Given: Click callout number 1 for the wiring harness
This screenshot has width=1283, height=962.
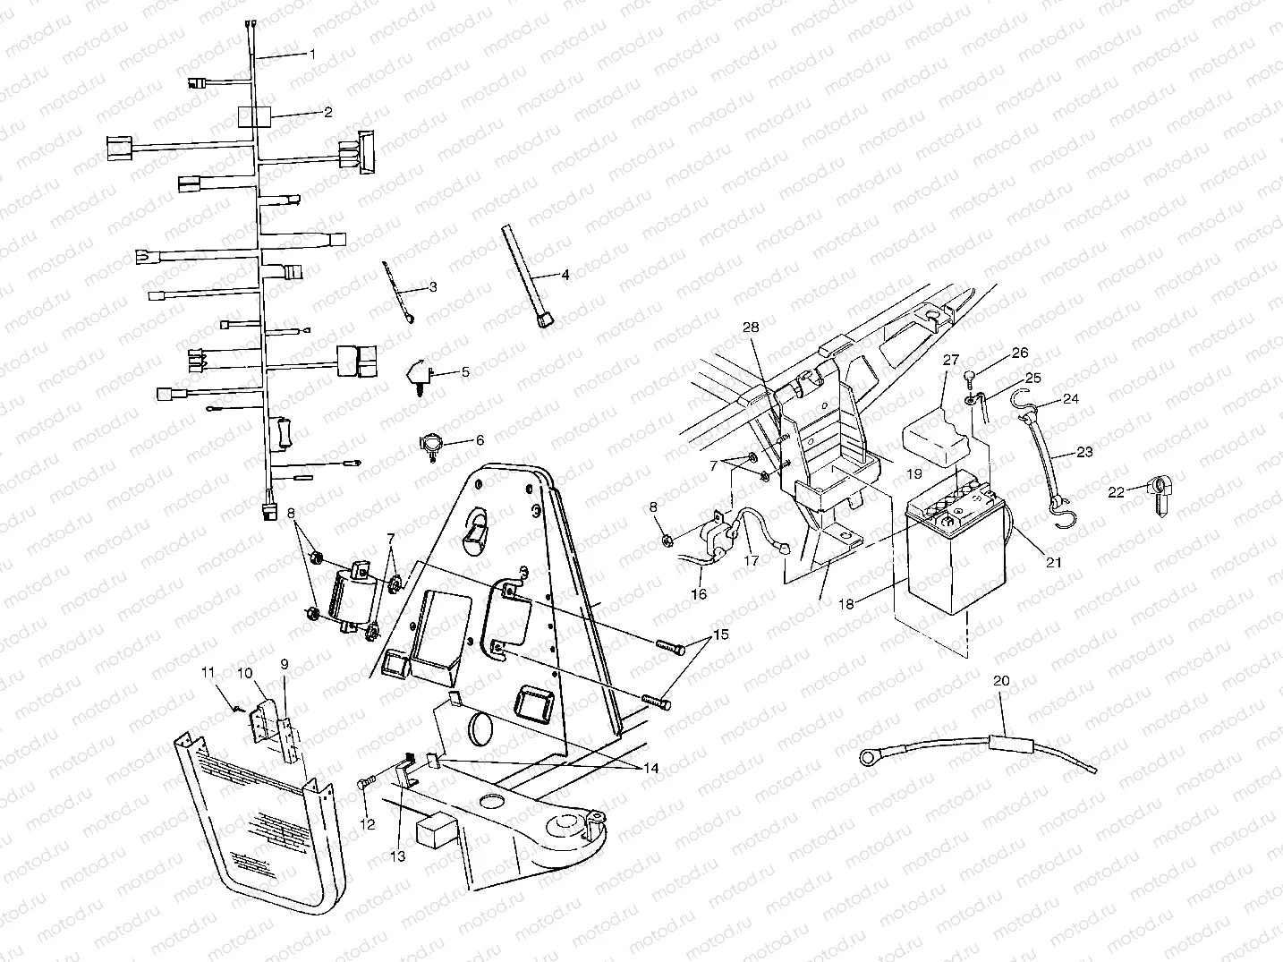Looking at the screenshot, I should click(312, 54).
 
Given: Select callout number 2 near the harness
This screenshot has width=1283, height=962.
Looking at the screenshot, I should click(328, 112).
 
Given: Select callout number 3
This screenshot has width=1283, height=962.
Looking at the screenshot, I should click(432, 287).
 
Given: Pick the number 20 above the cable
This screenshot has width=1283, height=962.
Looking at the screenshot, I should click(1002, 681).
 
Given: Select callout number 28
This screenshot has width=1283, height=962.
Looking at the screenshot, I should click(750, 328).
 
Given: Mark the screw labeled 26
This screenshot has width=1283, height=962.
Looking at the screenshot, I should click(972, 376).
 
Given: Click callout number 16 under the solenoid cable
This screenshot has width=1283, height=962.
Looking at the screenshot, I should click(699, 593).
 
